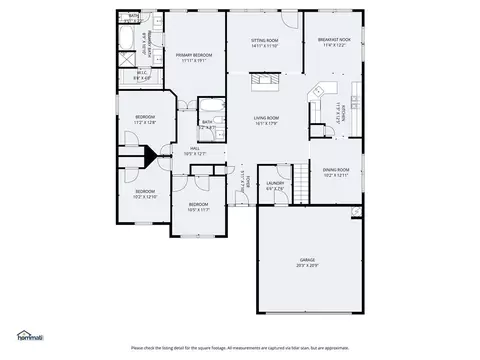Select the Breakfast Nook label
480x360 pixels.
333,43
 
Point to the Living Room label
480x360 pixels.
265,120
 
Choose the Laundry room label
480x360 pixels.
275,185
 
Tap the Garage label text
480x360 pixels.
307,261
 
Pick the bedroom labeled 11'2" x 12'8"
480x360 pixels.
145,119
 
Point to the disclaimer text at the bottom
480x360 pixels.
240,348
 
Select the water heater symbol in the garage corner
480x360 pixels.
355,212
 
